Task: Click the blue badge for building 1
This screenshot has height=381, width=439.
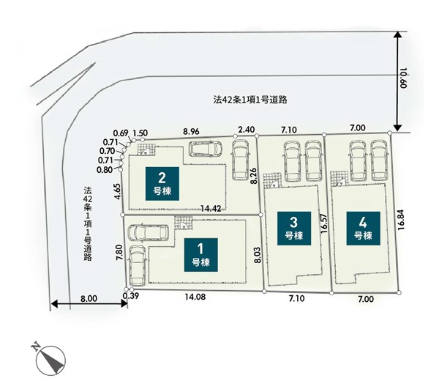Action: pyautogui.click(x=201, y=255)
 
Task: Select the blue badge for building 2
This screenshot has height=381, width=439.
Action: pyautogui.click(x=162, y=184)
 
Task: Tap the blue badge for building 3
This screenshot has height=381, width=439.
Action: pyautogui.click(x=294, y=229)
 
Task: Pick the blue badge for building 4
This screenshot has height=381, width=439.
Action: pyautogui.click(x=363, y=229)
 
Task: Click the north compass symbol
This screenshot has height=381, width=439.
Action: pyautogui.click(x=49, y=359)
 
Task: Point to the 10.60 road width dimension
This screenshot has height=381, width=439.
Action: pyautogui.click(x=403, y=78)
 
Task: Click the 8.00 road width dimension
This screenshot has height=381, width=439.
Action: pyautogui.click(x=89, y=299)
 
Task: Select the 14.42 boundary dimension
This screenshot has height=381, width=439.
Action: pyautogui.click(x=211, y=208)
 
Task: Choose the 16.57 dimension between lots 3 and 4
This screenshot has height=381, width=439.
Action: pyautogui.click(x=324, y=223)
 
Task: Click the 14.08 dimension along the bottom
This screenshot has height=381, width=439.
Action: pyautogui.click(x=195, y=297)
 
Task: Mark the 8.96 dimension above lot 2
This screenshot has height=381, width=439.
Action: pyautogui.click(x=191, y=131)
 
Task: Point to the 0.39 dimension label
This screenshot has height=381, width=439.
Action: pyautogui.click(x=131, y=296)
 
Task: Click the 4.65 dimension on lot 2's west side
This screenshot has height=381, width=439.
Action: pyautogui.click(x=118, y=191)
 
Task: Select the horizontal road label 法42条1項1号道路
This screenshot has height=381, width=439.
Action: pyautogui.click(x=250, y=100)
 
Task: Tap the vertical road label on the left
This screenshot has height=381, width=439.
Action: pyautogui.click(x=88, y=223)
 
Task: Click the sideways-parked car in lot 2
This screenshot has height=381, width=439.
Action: pyautogui.click(x=205, y=149)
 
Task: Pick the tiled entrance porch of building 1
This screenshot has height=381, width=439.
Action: pyautogui.click(x=184, y=223)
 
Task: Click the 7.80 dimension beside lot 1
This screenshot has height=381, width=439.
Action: pyautogui.click(x=119, y=253)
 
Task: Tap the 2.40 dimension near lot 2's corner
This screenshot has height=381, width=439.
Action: pyautogui.click(x=247, y=130)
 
